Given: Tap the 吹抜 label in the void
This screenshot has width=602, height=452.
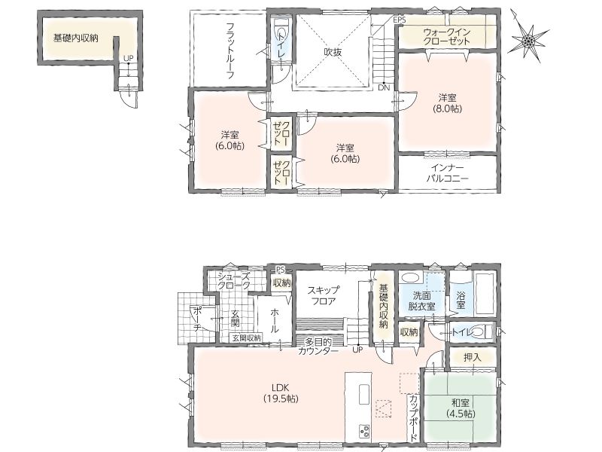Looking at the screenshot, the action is [333, 52].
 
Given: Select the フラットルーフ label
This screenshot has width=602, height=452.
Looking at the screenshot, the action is [230, 50].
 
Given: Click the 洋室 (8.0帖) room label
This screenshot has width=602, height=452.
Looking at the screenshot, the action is [447, 103].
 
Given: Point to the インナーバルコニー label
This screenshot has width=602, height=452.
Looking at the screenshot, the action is [448, 173].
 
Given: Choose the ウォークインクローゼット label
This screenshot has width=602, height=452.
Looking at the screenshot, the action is [447, 36].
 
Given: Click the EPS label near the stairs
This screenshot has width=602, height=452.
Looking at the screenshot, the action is [400, 20].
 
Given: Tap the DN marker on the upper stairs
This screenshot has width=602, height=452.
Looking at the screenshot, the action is [384, 87].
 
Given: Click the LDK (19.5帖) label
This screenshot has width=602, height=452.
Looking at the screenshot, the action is [281, 392].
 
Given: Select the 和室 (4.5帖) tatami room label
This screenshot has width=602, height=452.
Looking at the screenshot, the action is [461, 408].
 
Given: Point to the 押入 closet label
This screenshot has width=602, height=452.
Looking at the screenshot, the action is [473, 357].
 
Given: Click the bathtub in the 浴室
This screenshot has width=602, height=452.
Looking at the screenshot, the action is [485, 293].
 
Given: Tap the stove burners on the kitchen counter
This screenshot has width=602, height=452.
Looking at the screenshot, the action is [363, 430].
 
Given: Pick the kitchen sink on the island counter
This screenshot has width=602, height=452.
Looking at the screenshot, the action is [364, 394].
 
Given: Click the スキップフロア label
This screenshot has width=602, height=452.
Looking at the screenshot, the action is [324, 295].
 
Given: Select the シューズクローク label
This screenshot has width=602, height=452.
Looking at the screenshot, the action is [234, 280].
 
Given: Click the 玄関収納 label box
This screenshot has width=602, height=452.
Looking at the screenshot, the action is [246, 337].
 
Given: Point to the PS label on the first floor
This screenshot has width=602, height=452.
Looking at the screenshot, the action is [280, 270].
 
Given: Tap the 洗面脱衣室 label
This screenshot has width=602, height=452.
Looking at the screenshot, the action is [421, 301].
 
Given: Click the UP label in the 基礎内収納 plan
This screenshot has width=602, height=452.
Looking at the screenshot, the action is [128, 59].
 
